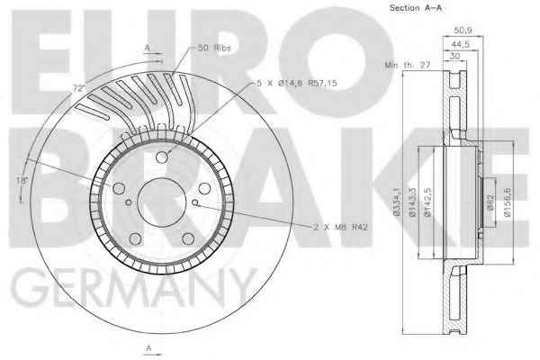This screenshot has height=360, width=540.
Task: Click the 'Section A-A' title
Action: pos(413,8)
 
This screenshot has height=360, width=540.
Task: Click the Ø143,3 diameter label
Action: pos(410,202)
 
